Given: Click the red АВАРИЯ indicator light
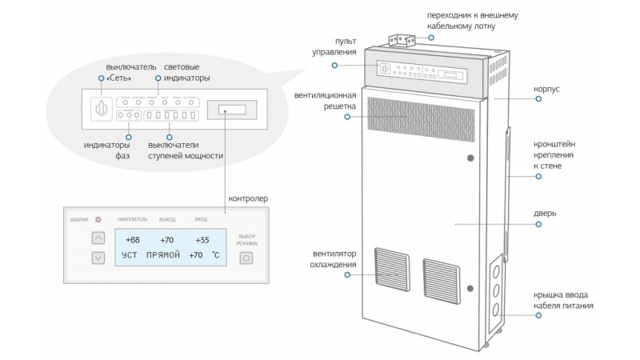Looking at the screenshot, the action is pyautogui.click(x=98, y=219).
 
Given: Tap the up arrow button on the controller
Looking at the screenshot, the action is pyautogui.click(x=98, y=238).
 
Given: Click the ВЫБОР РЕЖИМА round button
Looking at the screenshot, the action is pyautogui.click(x=246, y=258).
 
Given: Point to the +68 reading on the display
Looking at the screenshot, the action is pyautogui.click(x=133, y=240).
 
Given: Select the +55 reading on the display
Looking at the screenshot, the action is pyautogui.click(x=202, y=240).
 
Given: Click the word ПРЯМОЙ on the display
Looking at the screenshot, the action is pyautogui.click(x=163, y=255).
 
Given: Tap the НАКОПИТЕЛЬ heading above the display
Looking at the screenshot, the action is pyautogui.click(x=133, y=219).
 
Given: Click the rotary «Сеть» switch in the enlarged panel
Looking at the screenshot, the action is pyautogui.click(x=102, y=109).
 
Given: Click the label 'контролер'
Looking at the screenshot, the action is pyautogui.click(x=248, y=198).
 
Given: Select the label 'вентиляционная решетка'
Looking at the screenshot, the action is pyautogui.click(x=326, y=101).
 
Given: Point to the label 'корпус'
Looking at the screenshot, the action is pyautogui.click(x=546, y=89).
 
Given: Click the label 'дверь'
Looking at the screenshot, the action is pyautogui.click(x=545, y=214).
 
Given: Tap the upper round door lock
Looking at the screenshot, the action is pyautogui.click(x=470, y=158).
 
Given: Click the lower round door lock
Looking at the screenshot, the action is pyautogui.click(x=470, y=289).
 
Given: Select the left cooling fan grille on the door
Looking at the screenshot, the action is pyautogui.click(x=392, y=269).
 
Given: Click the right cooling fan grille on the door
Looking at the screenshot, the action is pyautogui.click(x=442, y=282).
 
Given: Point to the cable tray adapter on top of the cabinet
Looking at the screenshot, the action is pyautogui.click(x=402, y=41).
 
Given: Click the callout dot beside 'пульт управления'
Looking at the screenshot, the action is pyautogui.click(x=334, y=66).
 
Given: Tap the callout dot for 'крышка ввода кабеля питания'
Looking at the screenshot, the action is pyautogui.click(x=538, y=315).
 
